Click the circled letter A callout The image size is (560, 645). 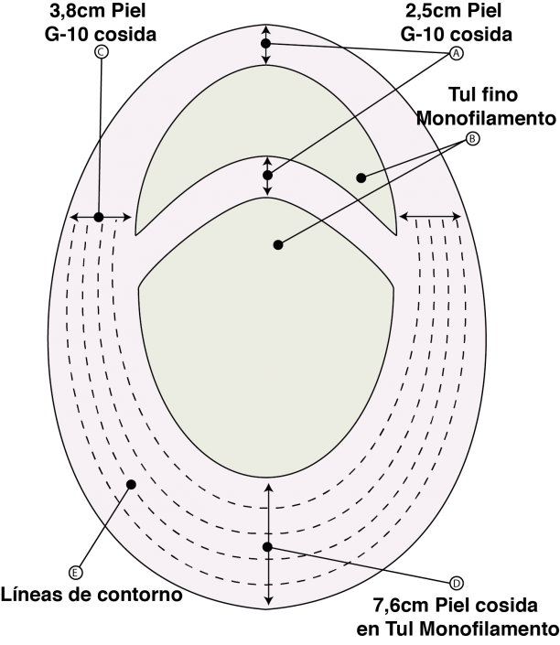456,53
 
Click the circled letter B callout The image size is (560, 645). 472,139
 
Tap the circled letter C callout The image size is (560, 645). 102,52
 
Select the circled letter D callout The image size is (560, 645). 456,583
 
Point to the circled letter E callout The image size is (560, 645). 75,572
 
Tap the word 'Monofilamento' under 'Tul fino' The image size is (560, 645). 486,118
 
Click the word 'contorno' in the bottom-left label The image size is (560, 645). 139,595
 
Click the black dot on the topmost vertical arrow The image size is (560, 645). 265,43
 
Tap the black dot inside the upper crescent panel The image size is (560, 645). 361,177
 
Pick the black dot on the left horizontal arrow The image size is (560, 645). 99,217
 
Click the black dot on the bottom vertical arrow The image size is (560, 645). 267,547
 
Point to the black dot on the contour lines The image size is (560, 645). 131,485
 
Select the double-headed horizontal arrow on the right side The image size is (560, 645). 430,216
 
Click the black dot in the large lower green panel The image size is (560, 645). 278,245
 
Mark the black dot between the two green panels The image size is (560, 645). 267,176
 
